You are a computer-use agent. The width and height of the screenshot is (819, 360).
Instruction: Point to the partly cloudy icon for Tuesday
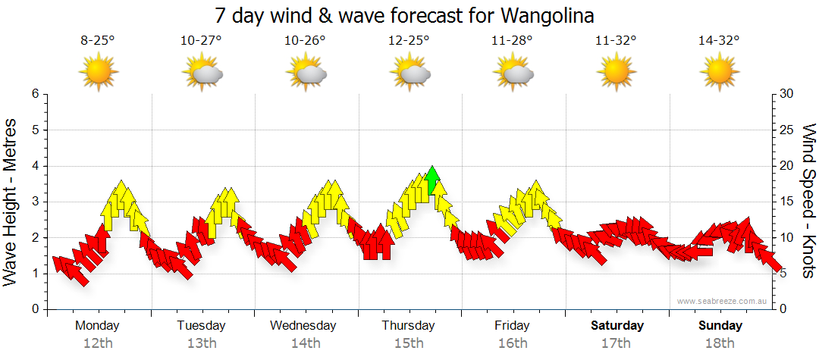pyautogui.click(x=202, y=74)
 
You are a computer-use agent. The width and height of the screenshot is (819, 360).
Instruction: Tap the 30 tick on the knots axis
pyautogui.click(x=786, y=94)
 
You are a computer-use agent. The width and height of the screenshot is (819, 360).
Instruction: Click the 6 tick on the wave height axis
pyautogui.click(x=35, y=94)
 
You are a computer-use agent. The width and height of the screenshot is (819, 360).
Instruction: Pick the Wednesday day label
pyautogui.click(x=303, y=326)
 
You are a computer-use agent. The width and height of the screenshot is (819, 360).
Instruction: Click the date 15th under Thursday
pyautogui.click(x=409, y=343)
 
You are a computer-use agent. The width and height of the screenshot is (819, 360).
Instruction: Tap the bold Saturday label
pyautogui.click(x=617, y=326)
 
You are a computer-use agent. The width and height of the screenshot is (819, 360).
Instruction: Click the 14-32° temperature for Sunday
pyautogui.click(x=719, y=41)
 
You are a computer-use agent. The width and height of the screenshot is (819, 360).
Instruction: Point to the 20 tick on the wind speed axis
pyautogui.click(x=786, y=166)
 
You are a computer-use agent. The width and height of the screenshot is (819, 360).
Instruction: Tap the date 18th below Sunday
pyautogui.click(x=720, y=343)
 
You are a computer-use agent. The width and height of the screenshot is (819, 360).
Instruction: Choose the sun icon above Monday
pyautogui.click(x=98, y=73)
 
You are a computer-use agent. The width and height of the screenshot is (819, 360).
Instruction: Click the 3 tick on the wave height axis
pyautogui.click(x=35, y=202)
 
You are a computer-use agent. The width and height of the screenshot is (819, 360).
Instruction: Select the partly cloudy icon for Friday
pyautogui.click(x=513, y=74)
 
